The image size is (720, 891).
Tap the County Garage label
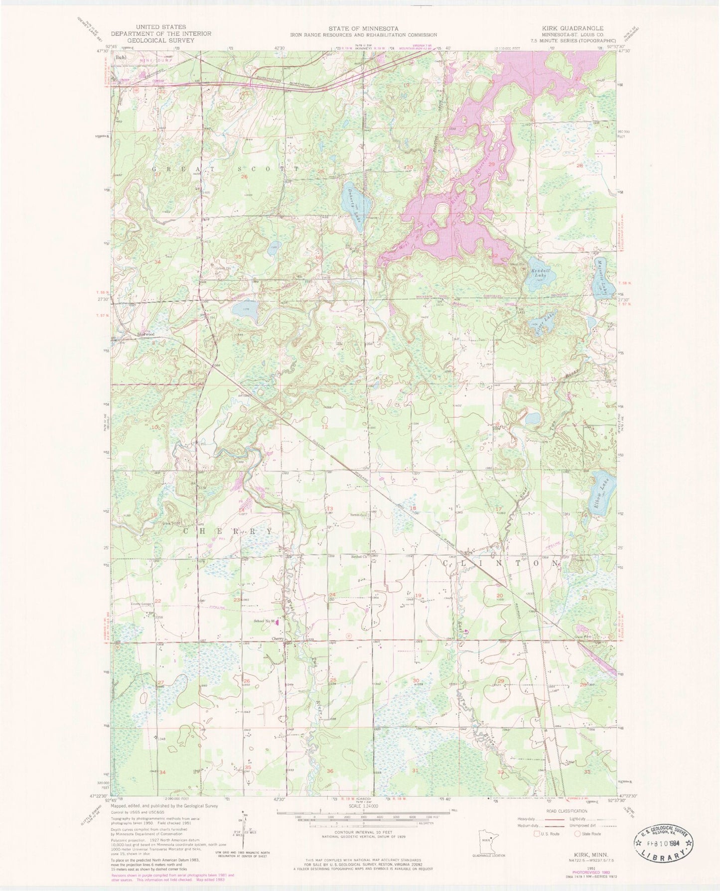[x=141, y=605]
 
